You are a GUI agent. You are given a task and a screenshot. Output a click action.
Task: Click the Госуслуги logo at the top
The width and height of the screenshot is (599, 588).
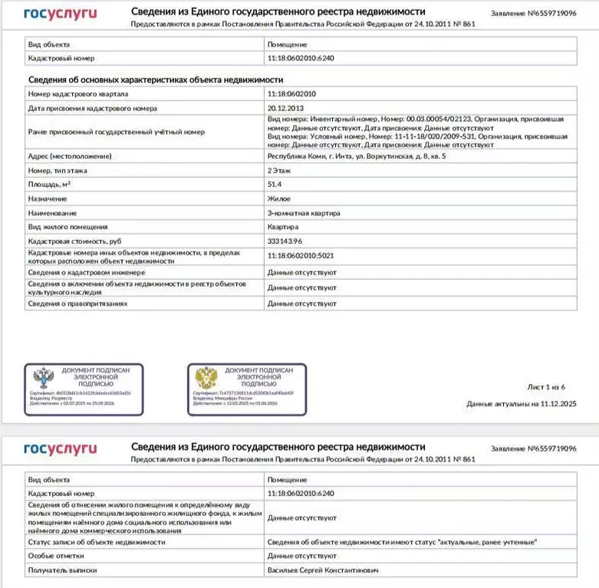click(x=60, y=14)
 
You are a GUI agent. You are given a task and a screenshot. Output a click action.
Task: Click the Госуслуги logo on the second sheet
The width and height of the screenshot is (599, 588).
click(x=60, y=448)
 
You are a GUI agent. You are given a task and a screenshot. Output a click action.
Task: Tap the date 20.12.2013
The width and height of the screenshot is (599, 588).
click(x=285, y=108)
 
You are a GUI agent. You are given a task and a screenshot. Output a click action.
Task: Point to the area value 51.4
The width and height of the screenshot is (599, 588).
click(x=275, y=185)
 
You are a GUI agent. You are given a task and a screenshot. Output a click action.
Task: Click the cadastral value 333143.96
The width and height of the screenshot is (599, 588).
click(x=286, y=241)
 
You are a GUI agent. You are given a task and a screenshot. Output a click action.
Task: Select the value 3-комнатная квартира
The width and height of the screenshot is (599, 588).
click(x=304, y=212)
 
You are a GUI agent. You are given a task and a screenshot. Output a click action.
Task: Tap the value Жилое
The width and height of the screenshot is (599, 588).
click(x=278, y=199)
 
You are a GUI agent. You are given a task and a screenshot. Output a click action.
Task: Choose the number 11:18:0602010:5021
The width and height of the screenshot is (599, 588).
click(x=301, y=256)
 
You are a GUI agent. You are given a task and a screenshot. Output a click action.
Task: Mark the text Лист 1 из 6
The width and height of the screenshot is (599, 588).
click(x=546, y=386)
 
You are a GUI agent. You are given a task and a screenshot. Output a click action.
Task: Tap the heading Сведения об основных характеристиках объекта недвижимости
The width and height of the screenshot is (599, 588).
click(x=156, y=80)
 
